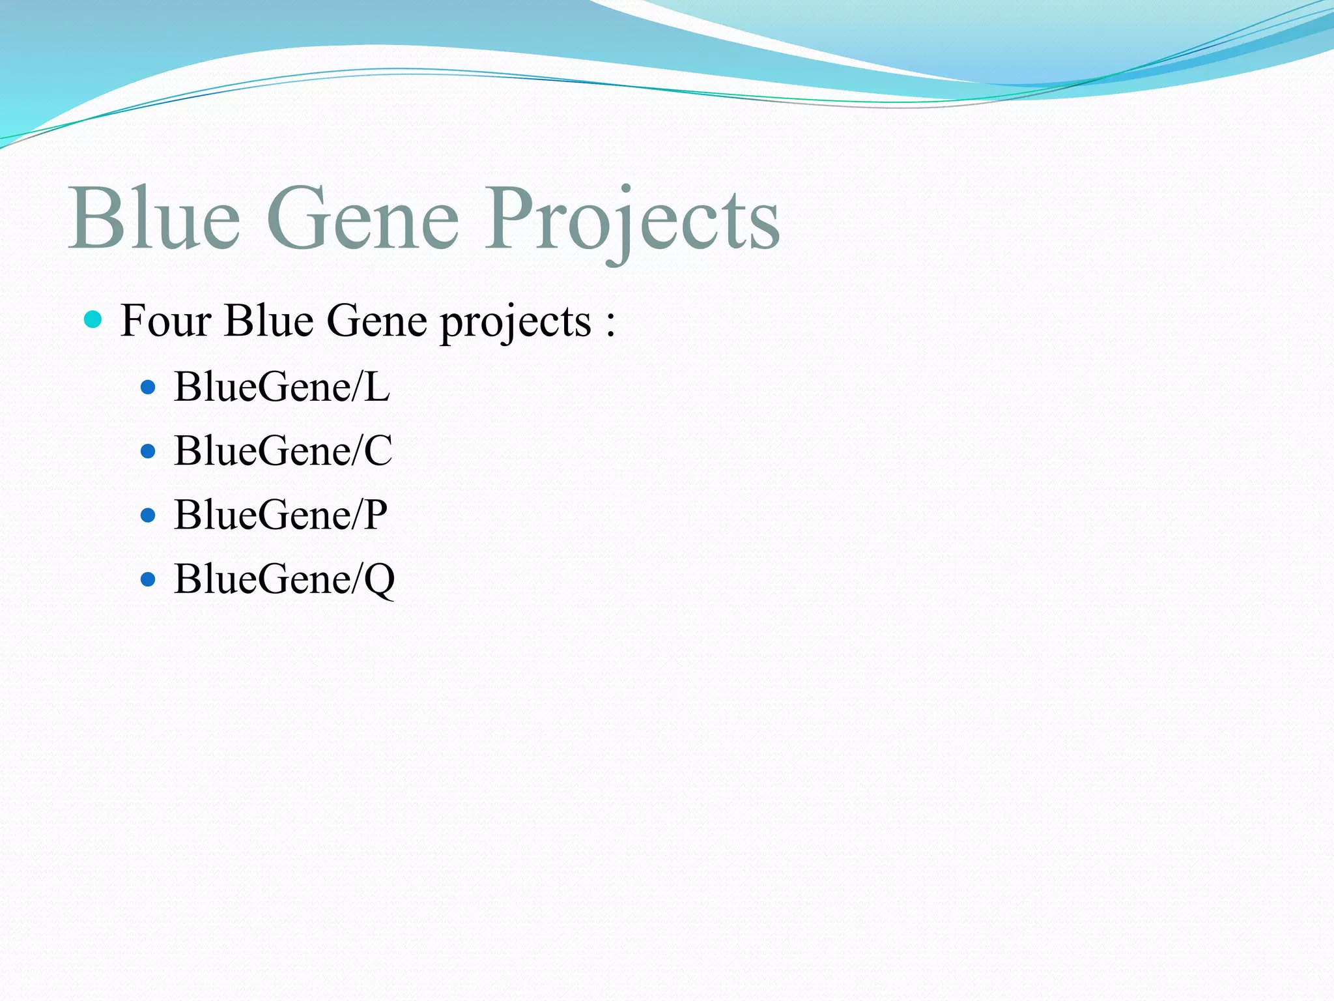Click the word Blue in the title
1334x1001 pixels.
155,218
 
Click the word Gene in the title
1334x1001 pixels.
363,218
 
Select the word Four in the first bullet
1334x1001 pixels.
166,321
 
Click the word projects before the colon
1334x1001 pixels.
515,323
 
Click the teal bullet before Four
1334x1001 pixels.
94,319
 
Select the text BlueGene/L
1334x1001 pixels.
281,387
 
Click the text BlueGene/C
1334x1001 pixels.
283,450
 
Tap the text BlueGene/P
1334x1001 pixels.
280,515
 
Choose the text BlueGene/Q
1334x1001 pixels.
284,579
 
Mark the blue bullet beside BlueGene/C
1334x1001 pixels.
149,451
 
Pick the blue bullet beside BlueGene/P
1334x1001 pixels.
149,515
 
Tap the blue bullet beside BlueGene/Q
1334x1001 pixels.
149,579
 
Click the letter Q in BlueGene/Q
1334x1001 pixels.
379,580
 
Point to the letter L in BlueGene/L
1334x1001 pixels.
376,387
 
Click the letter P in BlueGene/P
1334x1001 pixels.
375,515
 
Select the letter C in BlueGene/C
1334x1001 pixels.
378,450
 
